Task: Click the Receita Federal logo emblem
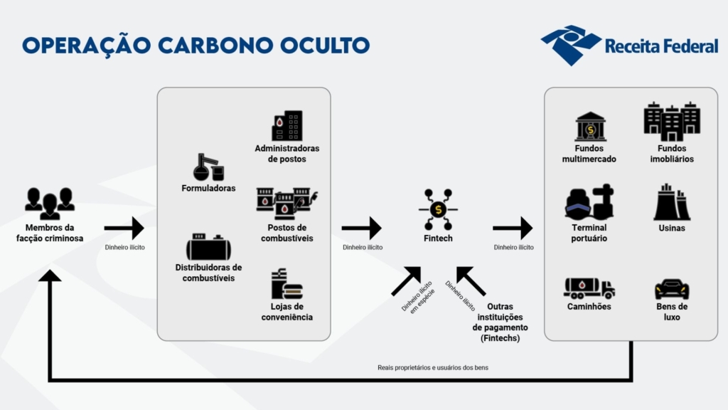[571, 45]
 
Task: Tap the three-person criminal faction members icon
[50, 203]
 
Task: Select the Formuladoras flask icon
[208, 167]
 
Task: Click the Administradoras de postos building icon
[287, 125]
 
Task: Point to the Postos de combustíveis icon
[287, 204]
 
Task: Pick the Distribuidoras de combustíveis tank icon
[208, 246]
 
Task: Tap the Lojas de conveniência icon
[287, 283]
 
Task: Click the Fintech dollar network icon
[438, 209]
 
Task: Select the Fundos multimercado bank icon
[590, 127]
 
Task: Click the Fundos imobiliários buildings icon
[672, 121]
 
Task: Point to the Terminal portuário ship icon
[589, 201]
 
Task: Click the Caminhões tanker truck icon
[589, 288]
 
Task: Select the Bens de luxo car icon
[672, 289]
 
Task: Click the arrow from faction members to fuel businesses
[124, 228]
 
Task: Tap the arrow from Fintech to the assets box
[513, 228]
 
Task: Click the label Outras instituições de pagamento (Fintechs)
[500, 322]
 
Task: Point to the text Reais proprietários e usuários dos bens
[433, 368]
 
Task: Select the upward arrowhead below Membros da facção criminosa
[50, 276]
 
